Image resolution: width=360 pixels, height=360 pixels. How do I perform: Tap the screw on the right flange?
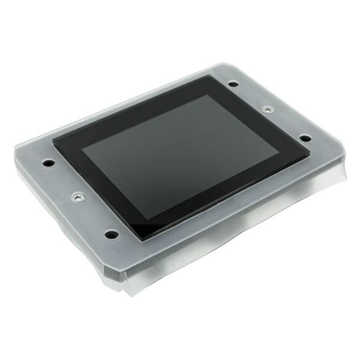[267, 110]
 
